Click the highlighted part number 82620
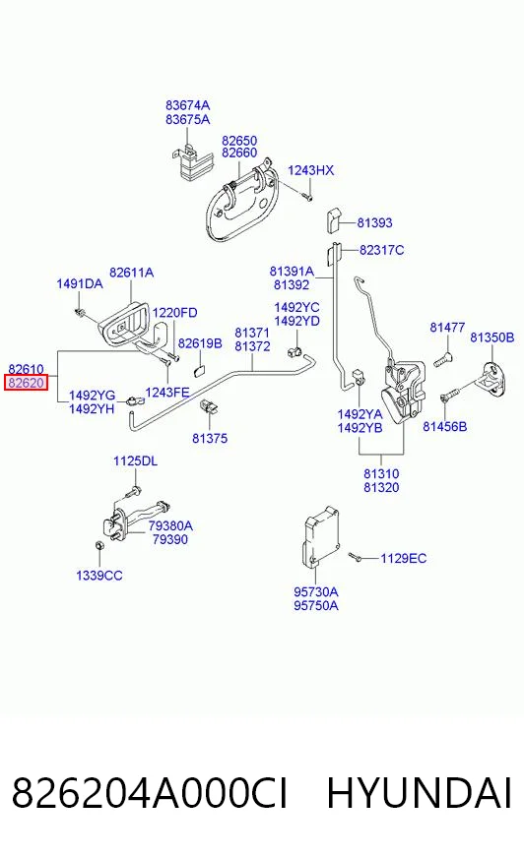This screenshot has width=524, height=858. [x=26, y=383]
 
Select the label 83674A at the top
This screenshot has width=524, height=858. [x=188, y=105]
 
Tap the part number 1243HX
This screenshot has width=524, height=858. [x=310, y=170]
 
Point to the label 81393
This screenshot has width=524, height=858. [x=374, y=222]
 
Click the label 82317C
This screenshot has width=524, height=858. [x=381, y=250]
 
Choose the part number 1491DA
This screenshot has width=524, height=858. [x=80, y=283]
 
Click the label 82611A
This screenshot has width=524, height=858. [x=131, y=272]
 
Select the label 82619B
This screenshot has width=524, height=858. [x=200, y=343]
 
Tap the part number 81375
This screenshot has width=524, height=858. [x=210, y=438]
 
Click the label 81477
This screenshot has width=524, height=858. [x=447, y=328]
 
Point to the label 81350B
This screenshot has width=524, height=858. [x=492, y=337]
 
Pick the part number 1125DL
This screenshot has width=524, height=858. [x=135, y=460]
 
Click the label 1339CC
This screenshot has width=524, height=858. [x=99, y=575]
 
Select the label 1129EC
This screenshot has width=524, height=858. [x=404, y=558]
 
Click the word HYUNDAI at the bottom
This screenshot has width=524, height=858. [x=420, y=793]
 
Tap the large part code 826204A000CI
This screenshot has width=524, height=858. [x=150, y=793]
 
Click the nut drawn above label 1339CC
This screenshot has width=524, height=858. [x=99, y=545]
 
